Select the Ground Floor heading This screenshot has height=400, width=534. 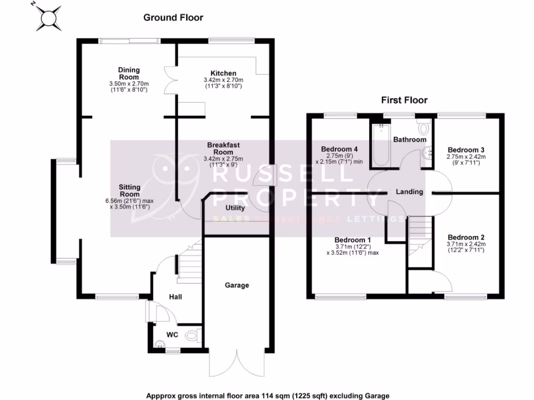pyautogui.click(x=173, y=18)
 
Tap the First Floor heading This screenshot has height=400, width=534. pyautogui.click(x=404, y=100)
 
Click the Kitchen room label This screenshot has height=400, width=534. pyautogui.click(x=223, y=73)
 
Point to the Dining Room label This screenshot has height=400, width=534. pyautogui.click(x=129, y=73)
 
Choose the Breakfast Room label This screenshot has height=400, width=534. pyautogui.click(x=223, y=148)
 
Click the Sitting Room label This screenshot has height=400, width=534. pyautogui.click(x=129, y=190)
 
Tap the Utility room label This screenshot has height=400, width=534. pyautogui.click(x=235, y=208)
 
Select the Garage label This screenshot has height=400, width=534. pyautogui.click(x=237, y=285)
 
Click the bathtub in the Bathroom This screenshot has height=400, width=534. pyautogui.click(x=380, y=146)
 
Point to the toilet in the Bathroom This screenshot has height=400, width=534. pyautogui.click(x=422, y=127)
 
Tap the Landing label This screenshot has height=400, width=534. pyautogui.click(x=409, y=192)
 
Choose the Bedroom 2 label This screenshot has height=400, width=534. pyautogui.click(x=466, y=236)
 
